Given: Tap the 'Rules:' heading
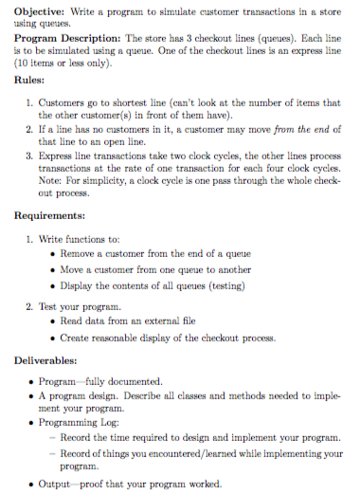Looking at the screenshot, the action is tap(32, 81).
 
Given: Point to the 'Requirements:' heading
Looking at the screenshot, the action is tap(54, 215).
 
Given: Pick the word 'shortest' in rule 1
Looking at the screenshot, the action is tap(135, 101).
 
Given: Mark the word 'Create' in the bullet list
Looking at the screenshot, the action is tap(76, 337).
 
